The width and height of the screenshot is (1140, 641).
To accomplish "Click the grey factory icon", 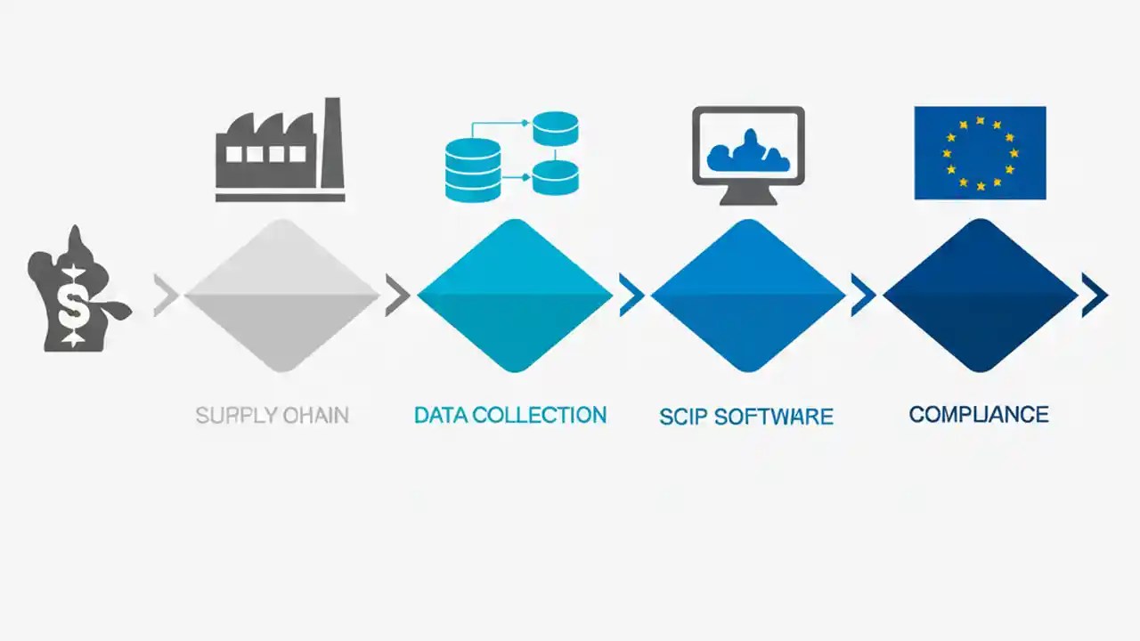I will click(278, 151).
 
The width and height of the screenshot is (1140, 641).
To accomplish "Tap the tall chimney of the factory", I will click(332, 142).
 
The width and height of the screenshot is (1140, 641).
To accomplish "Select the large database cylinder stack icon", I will click(471, 169).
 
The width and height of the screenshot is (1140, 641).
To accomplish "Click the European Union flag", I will click(980, 152).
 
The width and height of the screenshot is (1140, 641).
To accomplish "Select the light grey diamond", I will click(281, 295).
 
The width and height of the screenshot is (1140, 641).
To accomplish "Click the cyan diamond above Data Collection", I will click(514, 295).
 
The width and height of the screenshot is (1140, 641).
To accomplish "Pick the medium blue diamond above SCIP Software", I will click(747, 295).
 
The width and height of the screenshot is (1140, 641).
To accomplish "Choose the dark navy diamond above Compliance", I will click(980, 295).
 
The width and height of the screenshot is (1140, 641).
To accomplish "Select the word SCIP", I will click(681, 417).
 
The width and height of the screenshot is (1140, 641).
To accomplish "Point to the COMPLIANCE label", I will click(979, 414).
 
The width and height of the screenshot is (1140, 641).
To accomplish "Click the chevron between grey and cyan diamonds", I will click(396, 295).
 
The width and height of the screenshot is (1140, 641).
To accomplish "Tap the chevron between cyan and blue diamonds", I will click(631, 295).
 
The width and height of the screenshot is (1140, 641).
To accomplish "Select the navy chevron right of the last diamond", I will click(1095, 295).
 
